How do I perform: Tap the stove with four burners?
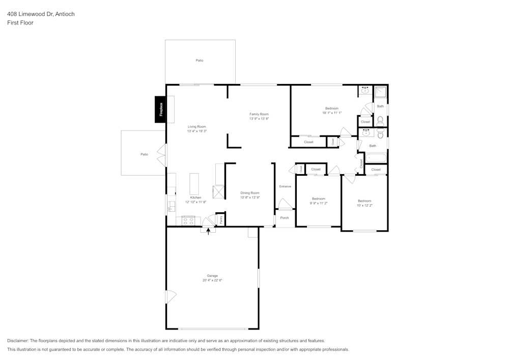(x=188, y=220)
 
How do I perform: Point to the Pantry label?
(x=221, y=219)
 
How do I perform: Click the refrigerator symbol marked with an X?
(x=219, y=192)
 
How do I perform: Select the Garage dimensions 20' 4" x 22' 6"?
(x=212, y=281)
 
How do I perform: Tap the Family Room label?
(x=259, y=114)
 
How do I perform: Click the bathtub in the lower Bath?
(x=375, y=158)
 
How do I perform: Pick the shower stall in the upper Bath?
(x=381, y=92)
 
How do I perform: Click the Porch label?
(x=285, y=218)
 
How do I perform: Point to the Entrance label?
(x=285, y=186)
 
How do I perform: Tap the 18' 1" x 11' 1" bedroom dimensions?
(x=331, y=113)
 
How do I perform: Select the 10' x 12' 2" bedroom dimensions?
(x=364, y=206)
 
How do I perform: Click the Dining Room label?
(x=250, y=193)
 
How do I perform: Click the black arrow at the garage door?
(x=208, y=231)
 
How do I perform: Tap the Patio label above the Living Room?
(x=200, y=61)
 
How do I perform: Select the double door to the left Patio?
(x=162, y=155)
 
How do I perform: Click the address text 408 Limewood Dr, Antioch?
(x=41, y=14)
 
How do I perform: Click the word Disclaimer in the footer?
(x=18, y=341)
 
